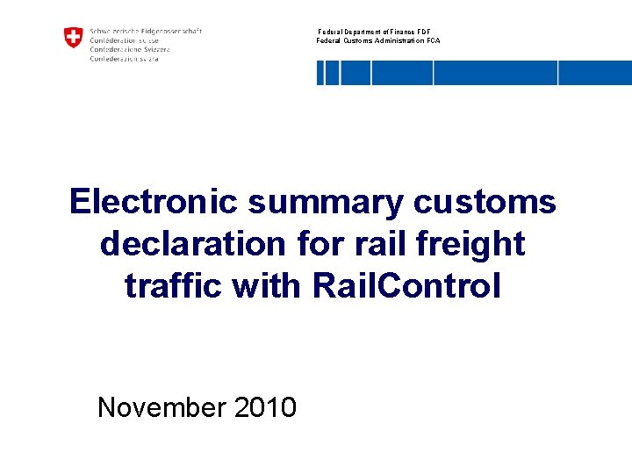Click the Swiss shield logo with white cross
pyautogui.click(x=73, y=38)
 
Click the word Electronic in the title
pyautogui.click(x=153, y=202)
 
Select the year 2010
pyautogui.click(x=265, y=408)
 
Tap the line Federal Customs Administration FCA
pyautogui.click(x=378, y=41)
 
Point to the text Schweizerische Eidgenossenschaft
pyautogui.click(x=146, y=31)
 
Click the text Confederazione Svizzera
pyautogui.click(x=130, y=49)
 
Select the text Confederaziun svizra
pyautogui.click(x=125, y=59)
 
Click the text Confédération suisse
pyautogui.click(x=125, y=40)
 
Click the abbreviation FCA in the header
pyautogui.click(x=434, y=41)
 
